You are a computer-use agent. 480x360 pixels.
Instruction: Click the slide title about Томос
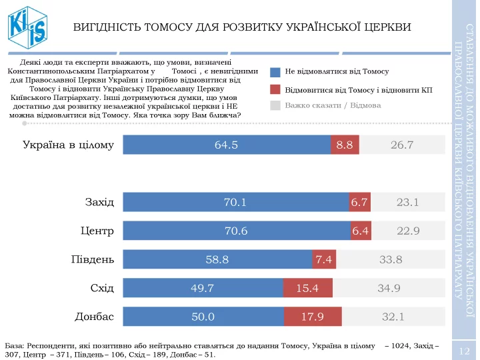(241, 27)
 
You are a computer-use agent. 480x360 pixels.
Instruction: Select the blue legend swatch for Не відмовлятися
(275, 71)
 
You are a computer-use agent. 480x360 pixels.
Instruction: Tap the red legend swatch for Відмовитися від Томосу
(275, 89)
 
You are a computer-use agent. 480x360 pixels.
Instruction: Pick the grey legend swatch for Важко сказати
(275, 105)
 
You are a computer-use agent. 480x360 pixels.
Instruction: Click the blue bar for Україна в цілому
(227, 145)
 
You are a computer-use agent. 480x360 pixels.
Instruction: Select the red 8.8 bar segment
(345, 145)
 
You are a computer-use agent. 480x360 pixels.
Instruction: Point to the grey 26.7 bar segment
(402, 145)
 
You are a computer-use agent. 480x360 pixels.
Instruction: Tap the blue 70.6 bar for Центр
(237, 231)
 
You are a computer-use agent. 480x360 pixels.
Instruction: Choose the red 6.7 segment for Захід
(359, 202)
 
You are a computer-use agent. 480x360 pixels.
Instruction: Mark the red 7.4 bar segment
(324, 259)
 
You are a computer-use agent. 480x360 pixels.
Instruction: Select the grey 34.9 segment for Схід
(389, 288)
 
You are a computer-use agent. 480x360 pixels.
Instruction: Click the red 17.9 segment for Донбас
(313, 317)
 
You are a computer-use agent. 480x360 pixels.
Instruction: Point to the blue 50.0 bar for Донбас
(203, 317)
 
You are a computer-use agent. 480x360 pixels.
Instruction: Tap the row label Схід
(102, 288)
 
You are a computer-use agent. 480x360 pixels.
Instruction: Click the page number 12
(465, 351)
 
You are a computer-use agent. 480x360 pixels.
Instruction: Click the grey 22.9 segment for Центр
(407, 231)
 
